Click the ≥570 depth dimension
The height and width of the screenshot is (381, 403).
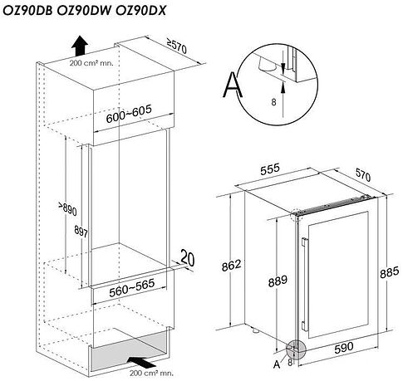click(x=194, y=48)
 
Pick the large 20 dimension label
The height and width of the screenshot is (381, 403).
click(x=188, y=259)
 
